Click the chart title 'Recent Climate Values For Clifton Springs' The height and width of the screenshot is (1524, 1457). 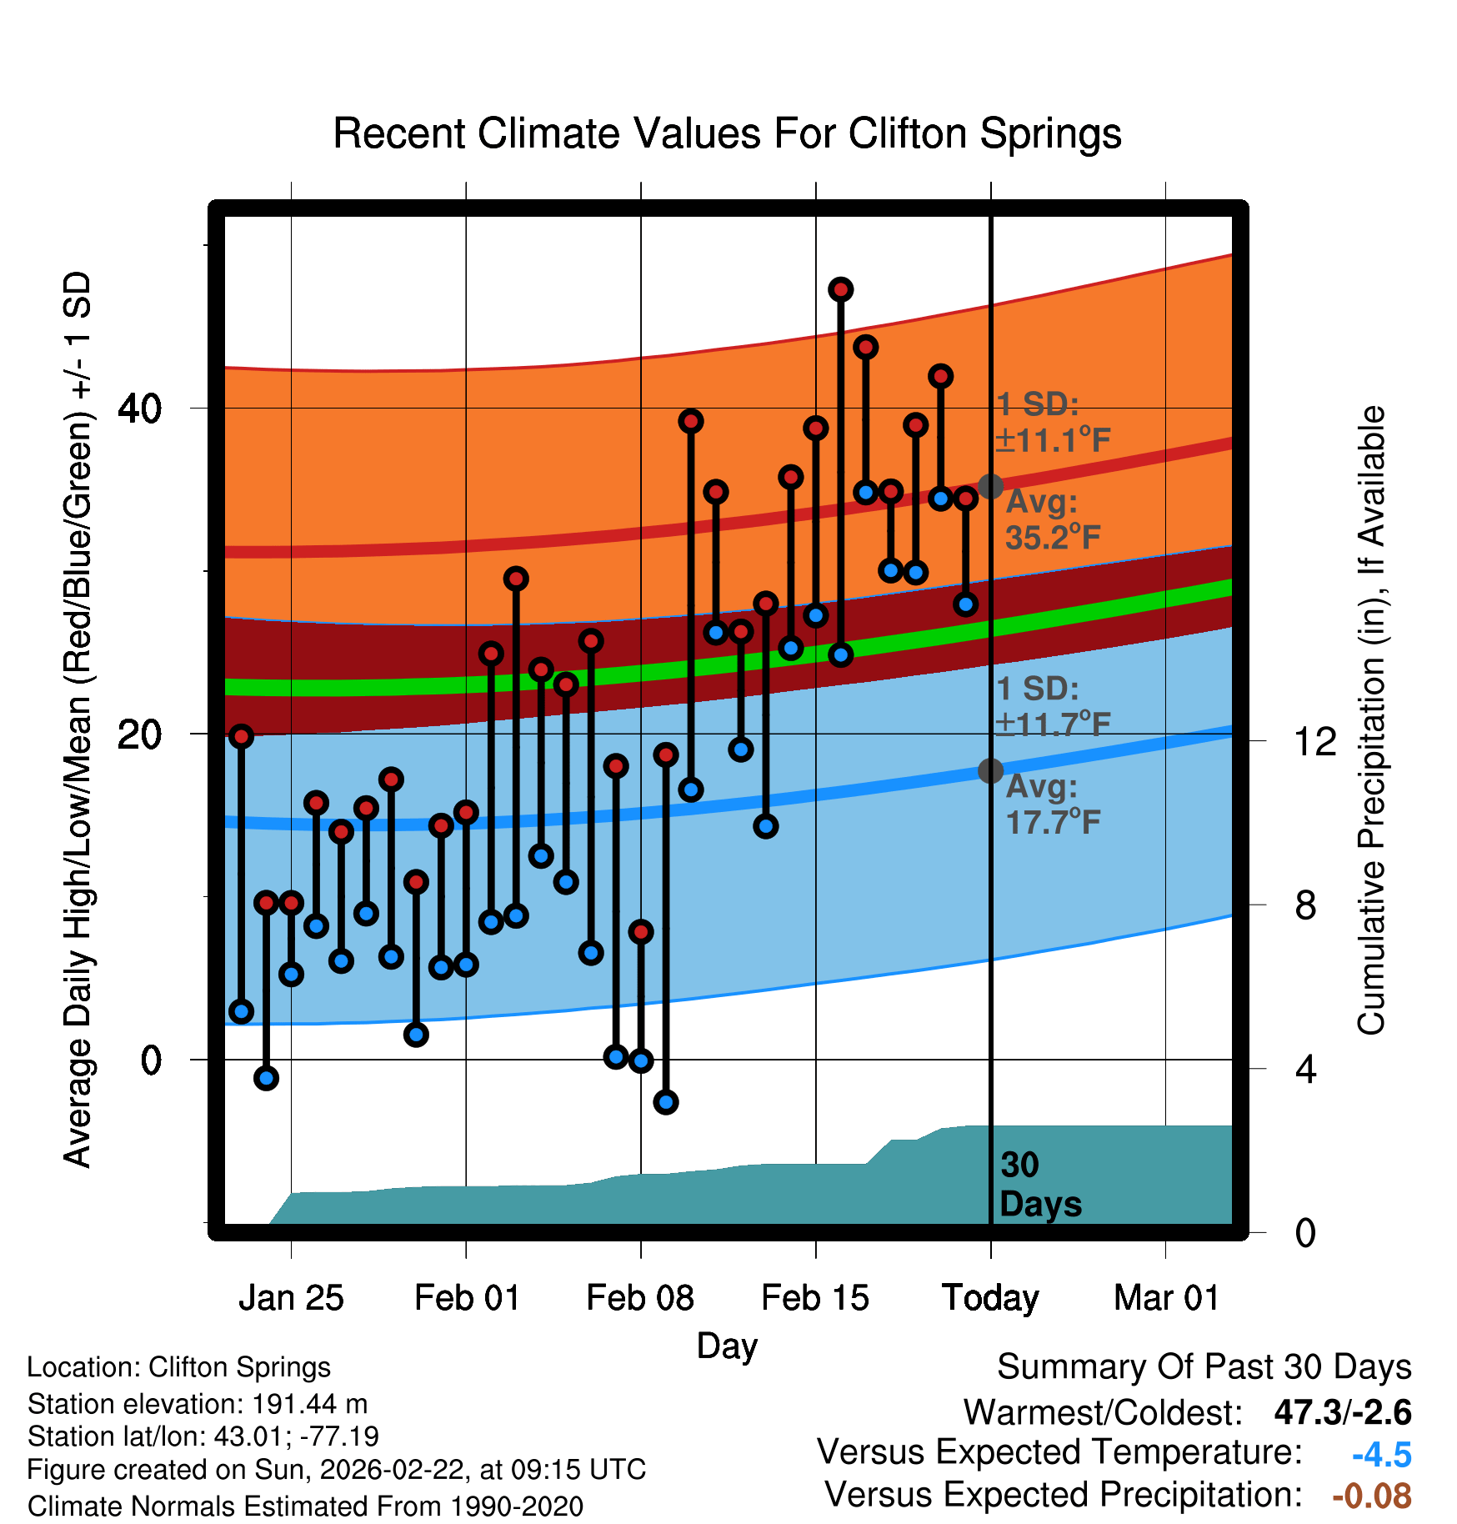pos(727,133)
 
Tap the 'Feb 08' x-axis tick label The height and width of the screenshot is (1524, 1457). pos(640,1298)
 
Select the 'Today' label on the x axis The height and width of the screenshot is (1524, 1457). pos(990,1298)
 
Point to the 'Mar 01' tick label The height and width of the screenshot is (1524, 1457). pos(1166,1298)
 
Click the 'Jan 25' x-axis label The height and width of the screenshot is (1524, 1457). pos(291,1298)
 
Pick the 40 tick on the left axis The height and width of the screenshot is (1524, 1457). pos(139,409)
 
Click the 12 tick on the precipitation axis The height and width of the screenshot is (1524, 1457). pos(1314,741)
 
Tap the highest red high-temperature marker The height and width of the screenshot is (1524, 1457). pos(840,289)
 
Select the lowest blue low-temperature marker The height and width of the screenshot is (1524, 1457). pos(665,1102)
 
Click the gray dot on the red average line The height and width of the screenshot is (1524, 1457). pos(990,486)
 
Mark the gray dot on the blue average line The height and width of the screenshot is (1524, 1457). pos(990,771)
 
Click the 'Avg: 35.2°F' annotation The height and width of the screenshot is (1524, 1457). pos(1052,520)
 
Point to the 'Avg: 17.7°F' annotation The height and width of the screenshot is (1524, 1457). pos(1052,805)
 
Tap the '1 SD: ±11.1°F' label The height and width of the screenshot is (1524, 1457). pos(1052,423)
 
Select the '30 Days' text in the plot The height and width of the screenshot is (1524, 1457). pos(1039,1185)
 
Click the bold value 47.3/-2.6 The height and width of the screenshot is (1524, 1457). pos(1342,1412)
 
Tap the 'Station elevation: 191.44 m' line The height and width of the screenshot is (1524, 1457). pos(198,1404)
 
